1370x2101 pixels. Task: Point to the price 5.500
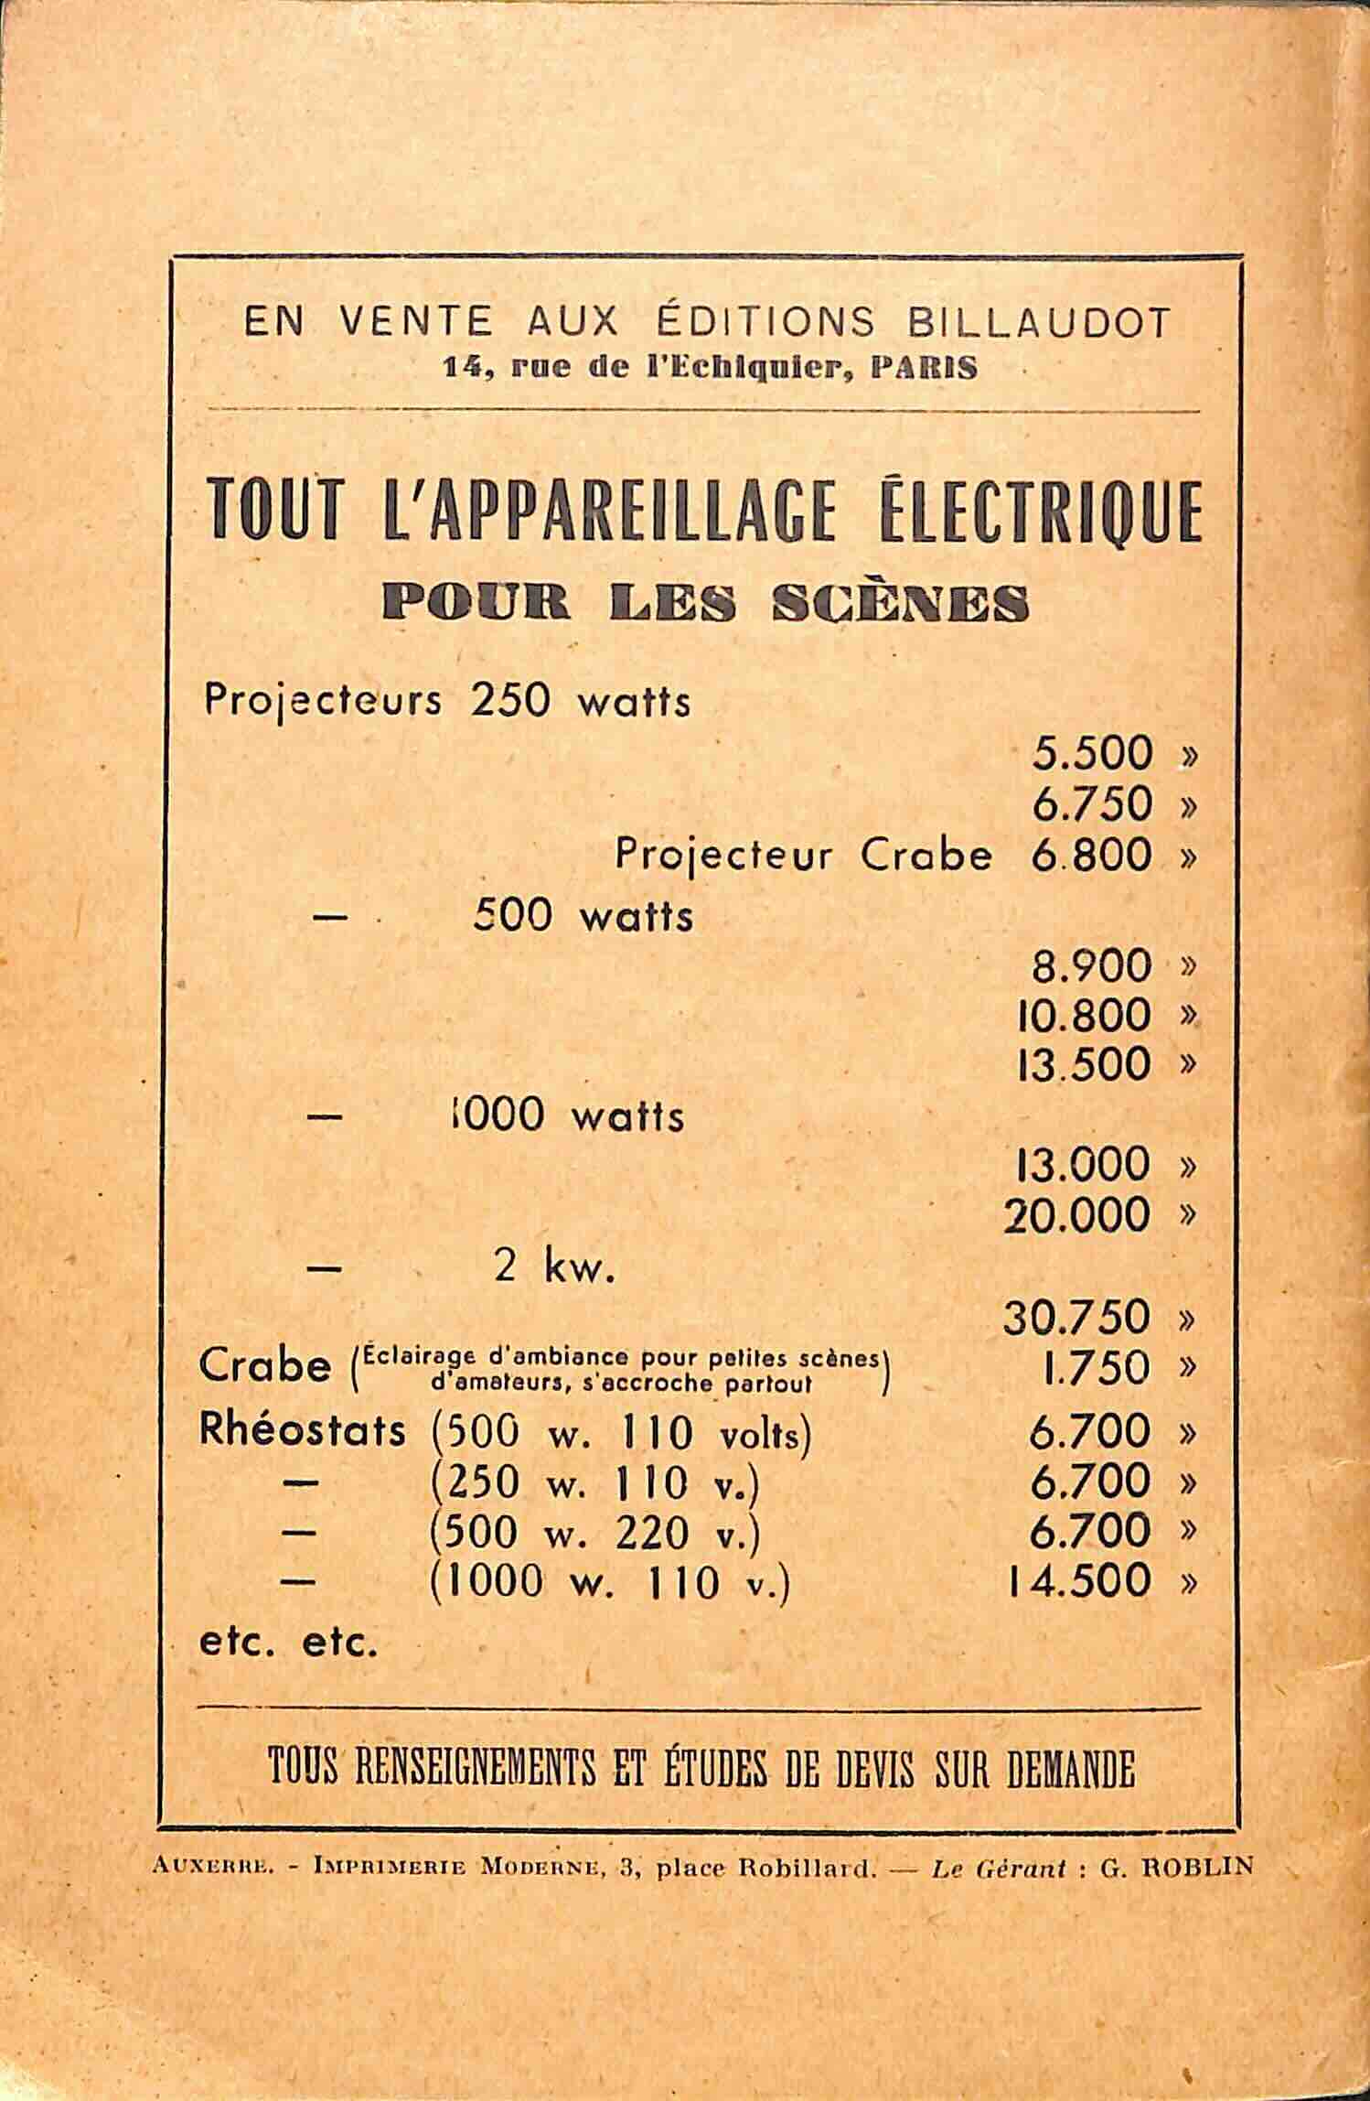pos(1091,754)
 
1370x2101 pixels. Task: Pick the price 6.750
pos(1091,804)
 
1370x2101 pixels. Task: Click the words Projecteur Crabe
pos(803,855)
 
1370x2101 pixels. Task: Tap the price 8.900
pos(1091,964)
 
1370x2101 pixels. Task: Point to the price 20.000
pos(1077,1215)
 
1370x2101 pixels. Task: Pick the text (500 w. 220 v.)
pos(594,1531)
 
